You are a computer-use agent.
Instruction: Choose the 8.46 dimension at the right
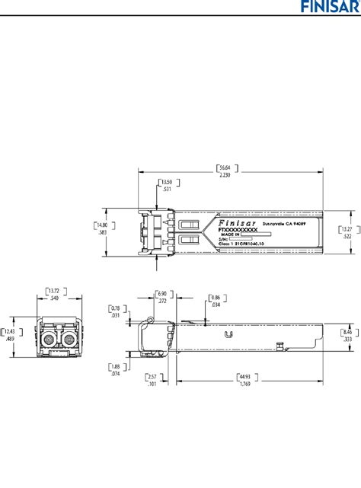click(347, 332)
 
